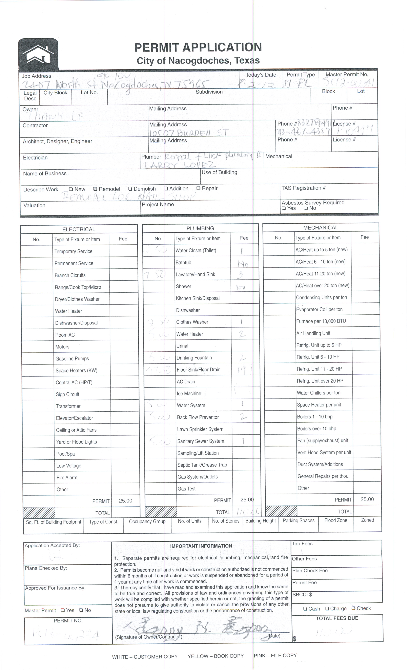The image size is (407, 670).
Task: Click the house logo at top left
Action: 38,54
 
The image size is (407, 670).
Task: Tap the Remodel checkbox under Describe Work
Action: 95,189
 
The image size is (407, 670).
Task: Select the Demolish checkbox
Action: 130,189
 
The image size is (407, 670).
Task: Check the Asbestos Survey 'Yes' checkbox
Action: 284,208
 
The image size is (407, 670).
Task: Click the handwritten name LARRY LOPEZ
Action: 180,165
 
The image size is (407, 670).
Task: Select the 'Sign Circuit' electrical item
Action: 68,394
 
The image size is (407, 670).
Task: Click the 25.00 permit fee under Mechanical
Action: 367,499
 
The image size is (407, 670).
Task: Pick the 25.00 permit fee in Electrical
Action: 125,501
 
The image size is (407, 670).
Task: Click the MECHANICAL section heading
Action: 320,228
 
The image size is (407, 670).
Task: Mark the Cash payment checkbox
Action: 305,609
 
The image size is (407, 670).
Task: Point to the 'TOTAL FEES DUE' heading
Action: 337,618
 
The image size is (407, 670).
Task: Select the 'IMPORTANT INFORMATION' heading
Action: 201,546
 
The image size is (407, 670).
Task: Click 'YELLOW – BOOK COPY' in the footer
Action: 215,656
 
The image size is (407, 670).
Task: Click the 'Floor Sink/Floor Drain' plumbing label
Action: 198,369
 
